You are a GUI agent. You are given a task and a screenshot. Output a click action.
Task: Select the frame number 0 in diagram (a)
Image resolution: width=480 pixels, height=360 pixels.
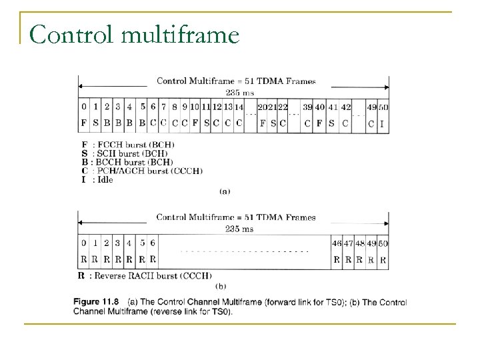(84, 106)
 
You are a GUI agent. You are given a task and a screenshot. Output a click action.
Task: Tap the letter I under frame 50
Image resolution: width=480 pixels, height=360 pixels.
(381, 123)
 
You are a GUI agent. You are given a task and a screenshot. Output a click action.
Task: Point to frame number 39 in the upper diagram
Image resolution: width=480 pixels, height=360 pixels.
(307, 107)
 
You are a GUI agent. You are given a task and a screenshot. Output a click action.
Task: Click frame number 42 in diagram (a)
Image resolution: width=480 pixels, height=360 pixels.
(346, 107)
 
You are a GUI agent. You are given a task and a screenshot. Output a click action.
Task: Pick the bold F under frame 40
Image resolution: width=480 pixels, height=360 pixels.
(321, 123)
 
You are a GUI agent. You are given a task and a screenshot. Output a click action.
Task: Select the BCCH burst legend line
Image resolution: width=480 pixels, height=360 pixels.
(126, 162)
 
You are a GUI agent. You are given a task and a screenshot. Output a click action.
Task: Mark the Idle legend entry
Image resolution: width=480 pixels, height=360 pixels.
(97, 179)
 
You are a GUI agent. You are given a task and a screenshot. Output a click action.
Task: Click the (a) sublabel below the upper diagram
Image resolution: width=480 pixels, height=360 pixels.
(225, 191)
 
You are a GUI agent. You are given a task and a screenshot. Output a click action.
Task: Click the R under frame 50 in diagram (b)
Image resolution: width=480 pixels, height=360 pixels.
(382, 259)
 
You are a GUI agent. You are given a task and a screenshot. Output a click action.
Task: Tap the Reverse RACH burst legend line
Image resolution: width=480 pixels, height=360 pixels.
(145, 275)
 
